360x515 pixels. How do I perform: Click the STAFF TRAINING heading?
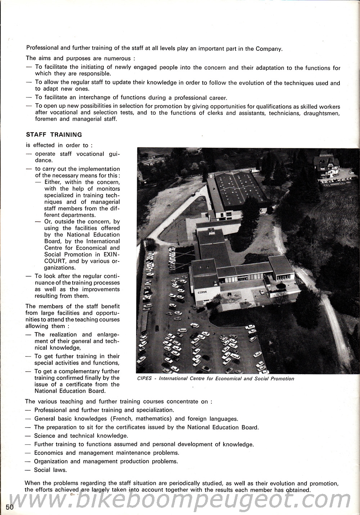coord(54,135)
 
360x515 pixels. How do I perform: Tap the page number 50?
coord(10,507)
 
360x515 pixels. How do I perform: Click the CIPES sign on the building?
coord(202,292)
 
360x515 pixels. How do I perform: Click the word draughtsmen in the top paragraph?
coord(321,113)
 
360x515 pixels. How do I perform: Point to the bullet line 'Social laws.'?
coord(50,470)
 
